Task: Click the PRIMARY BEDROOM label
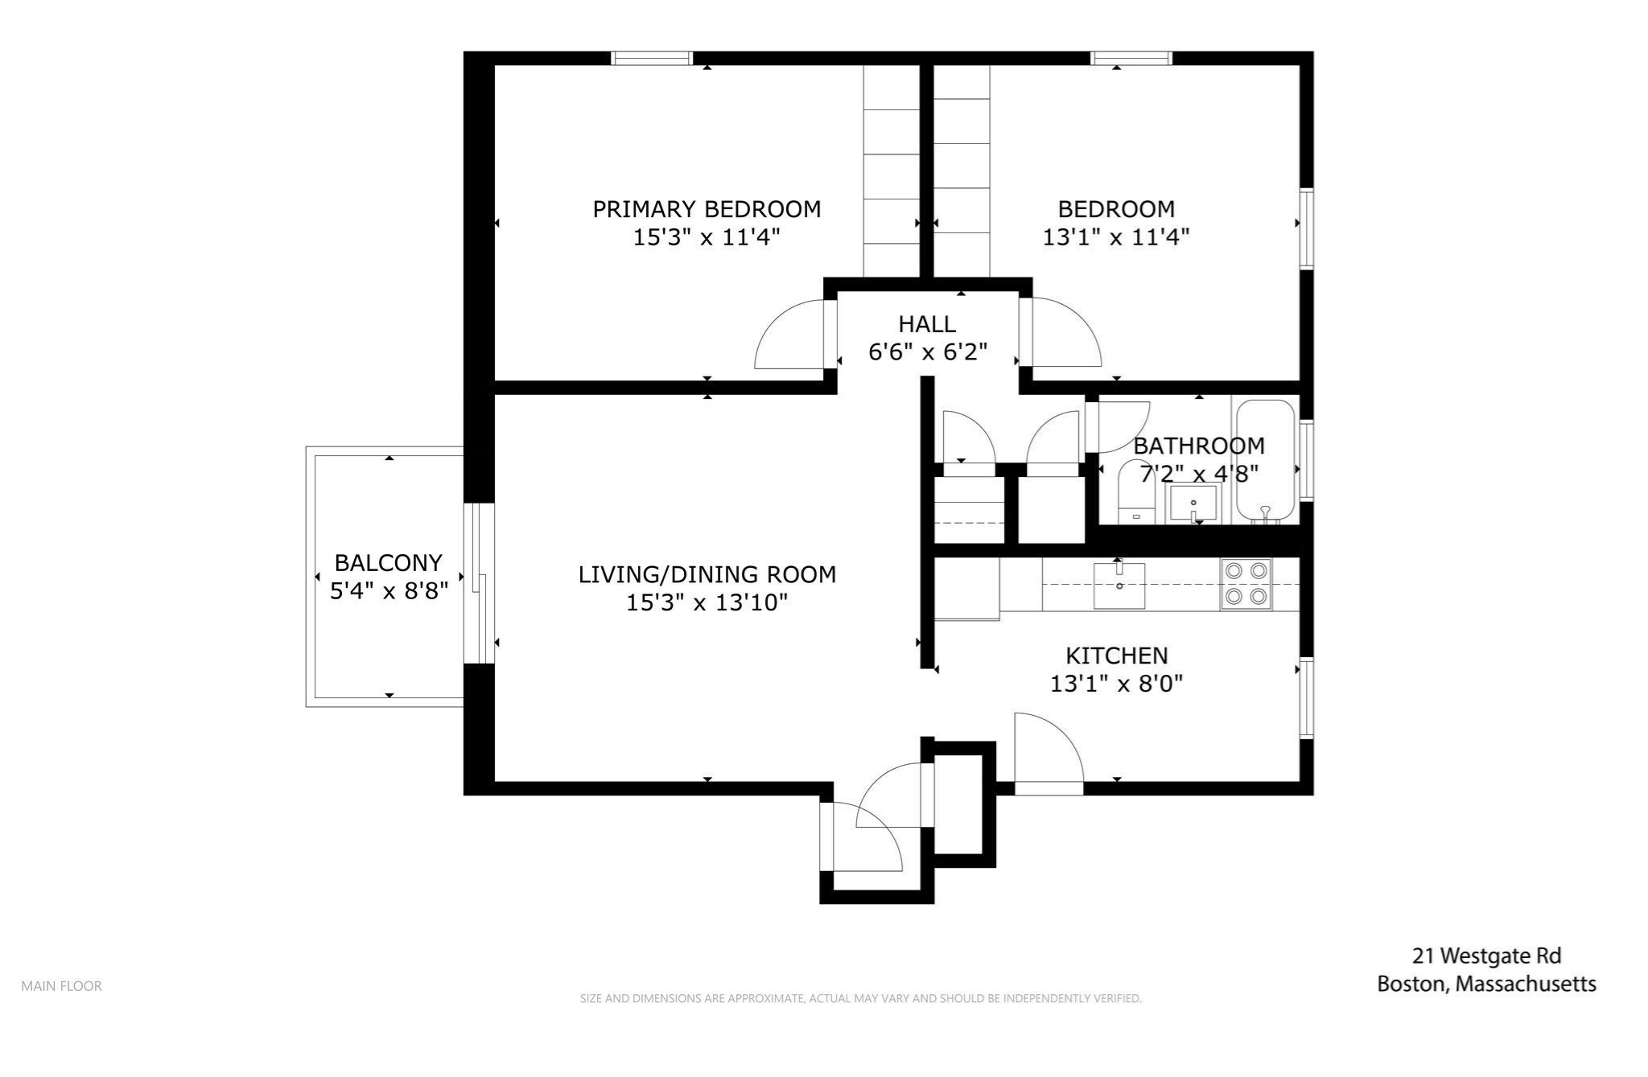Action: [x=707, y=209]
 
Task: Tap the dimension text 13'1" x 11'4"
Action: [x=1115, y=237]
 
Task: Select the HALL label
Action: [x=927, y=324]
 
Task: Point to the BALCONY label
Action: [x=389, y=562]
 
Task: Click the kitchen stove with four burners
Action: [x=1245, y=584]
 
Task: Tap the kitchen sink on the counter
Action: [x=1119, y=586]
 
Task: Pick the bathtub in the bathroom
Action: [x=1265, y=461]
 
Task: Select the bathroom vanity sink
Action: [x=1193, y=504]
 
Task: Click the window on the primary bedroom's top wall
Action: [x=651, y=58]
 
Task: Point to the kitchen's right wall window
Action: [x=1307, y=698]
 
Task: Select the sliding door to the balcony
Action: [x=480, y=583]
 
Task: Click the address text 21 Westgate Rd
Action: [x=1486, y=956]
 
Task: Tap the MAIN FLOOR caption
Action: [x=61, y=986]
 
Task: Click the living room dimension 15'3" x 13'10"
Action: [x=707, y=602]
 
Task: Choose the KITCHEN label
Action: [x=1116, y=656]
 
